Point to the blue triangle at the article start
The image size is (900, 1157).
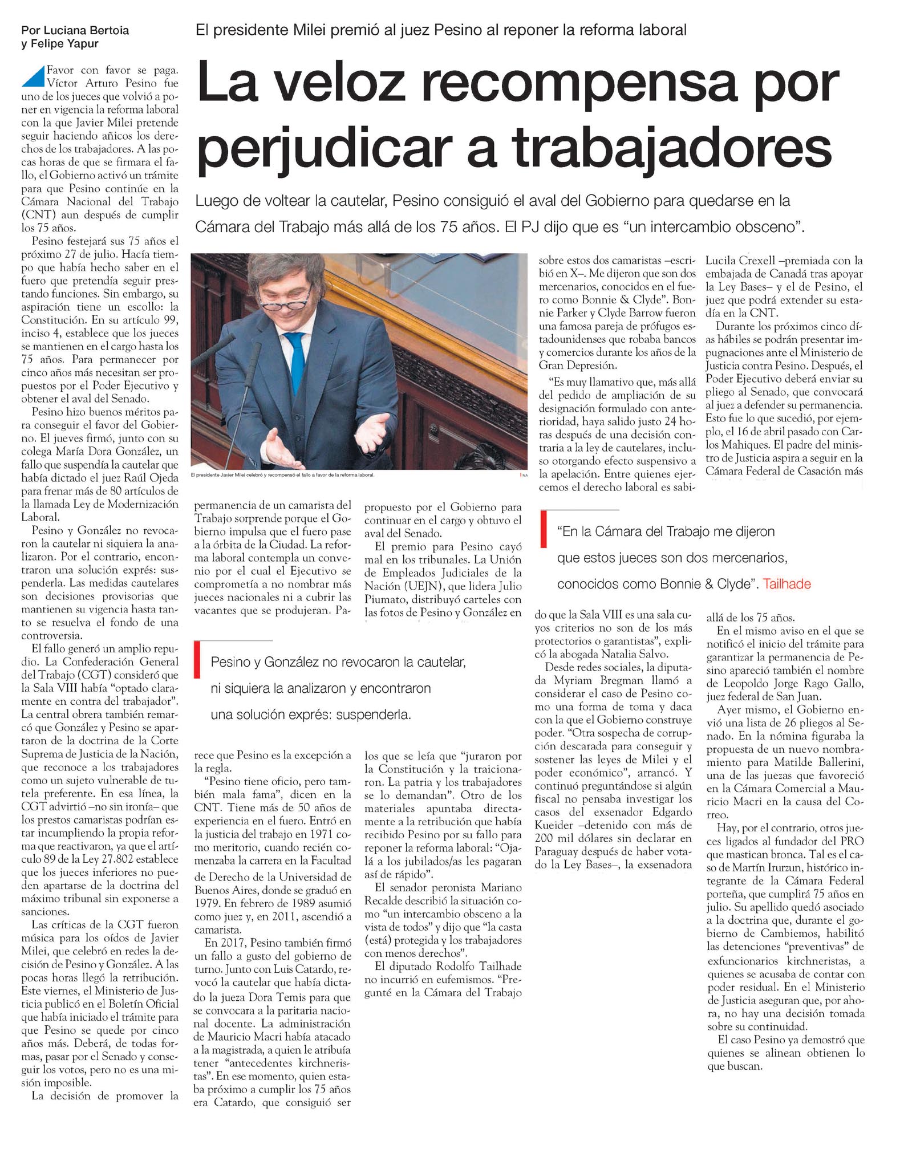tap(34, 76)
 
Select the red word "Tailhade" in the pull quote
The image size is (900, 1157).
tap(787, 584)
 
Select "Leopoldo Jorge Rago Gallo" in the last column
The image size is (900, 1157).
tap(793, 684)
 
